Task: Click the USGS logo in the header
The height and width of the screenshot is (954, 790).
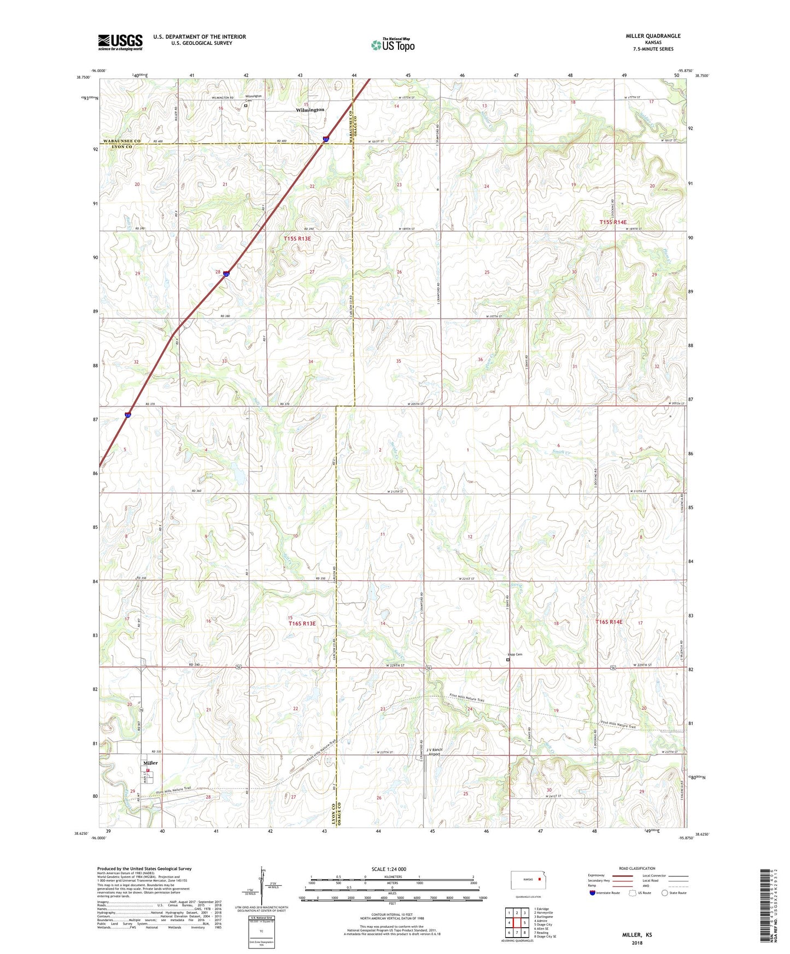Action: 120,42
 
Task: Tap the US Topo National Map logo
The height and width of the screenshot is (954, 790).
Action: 392,44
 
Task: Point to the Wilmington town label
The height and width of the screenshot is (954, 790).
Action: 310,110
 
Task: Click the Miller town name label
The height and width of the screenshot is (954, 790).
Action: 150,763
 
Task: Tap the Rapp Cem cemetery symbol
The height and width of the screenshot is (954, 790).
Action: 507,660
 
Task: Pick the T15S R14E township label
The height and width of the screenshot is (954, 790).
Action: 613,222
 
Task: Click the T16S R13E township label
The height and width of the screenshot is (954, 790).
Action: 302,623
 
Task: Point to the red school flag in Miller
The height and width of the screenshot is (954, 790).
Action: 148,770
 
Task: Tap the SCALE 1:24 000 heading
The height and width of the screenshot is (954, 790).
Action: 389,869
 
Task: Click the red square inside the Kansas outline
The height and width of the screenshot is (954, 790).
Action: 540,880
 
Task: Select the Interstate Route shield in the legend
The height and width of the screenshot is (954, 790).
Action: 593,893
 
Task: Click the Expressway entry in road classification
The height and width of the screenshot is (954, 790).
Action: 596,875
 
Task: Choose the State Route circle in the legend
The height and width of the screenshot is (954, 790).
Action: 665,893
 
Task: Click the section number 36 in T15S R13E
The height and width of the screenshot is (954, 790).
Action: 480,359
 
